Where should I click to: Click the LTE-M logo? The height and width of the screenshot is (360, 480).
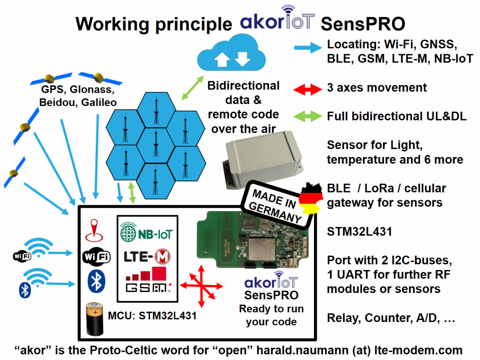[x=147, y=256]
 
